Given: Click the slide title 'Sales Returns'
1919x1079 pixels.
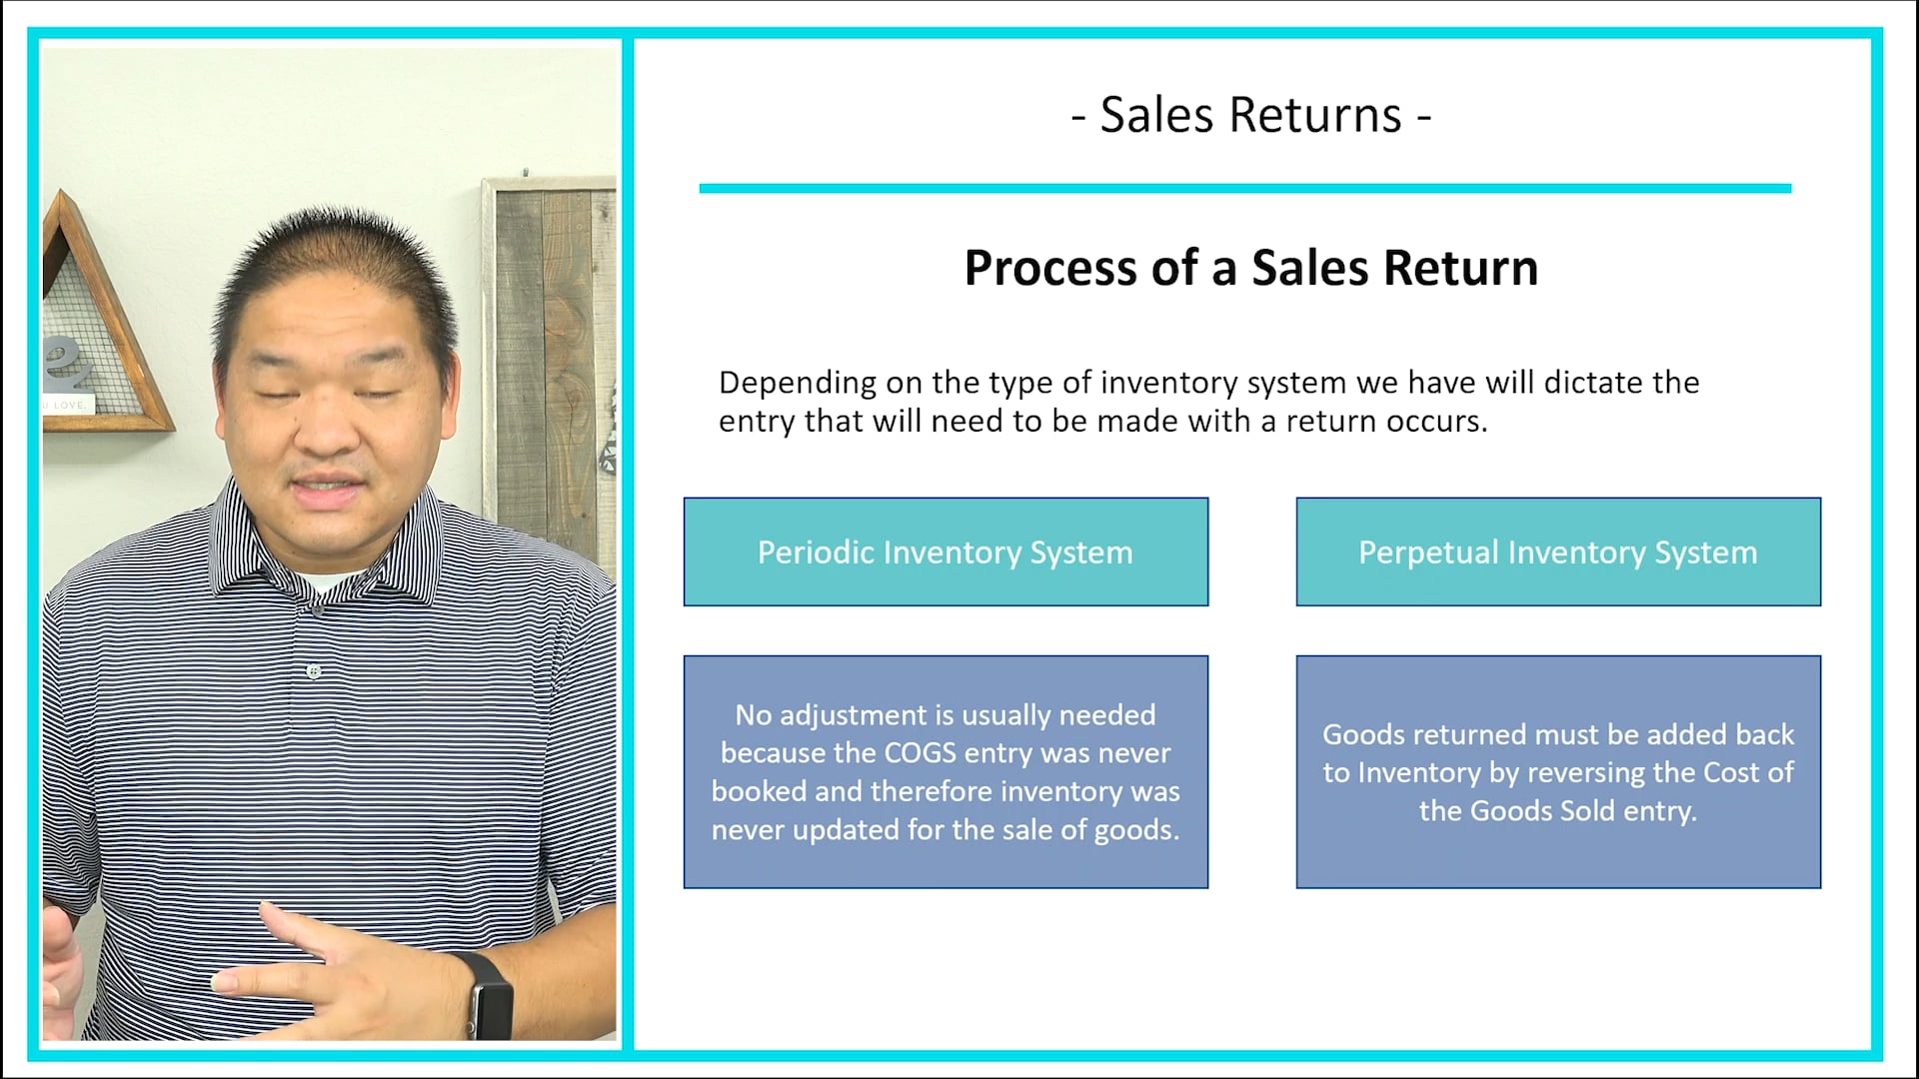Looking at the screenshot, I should pos(1250,115).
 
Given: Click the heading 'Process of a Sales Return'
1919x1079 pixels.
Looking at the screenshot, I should pos(1250,268).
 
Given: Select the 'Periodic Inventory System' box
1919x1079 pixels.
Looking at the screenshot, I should pos(946,551).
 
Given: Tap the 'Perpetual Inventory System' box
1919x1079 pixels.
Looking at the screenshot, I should pos(1558,551).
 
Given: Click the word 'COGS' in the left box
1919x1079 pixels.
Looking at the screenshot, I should pos(920,753).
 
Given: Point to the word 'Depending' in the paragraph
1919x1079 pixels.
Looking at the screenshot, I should pos(798,384).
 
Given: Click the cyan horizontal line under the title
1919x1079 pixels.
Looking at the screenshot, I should pos(1244,188).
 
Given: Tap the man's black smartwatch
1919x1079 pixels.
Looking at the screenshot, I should pos(488,994).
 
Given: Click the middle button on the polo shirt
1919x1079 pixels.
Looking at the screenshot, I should pos(314,671).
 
